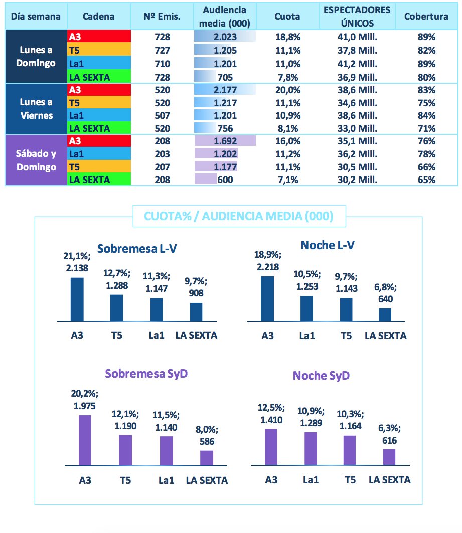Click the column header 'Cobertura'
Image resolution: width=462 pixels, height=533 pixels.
pos(426,16)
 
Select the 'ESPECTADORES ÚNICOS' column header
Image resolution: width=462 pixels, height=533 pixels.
pos(357,16)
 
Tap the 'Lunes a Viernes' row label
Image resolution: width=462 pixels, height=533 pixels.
pos(36,108)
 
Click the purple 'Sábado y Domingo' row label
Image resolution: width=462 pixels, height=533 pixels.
pos(36,160)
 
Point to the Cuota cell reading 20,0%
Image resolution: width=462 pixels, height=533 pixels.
pos(287,90)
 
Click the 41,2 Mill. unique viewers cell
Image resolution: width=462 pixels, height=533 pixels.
pos(357,64)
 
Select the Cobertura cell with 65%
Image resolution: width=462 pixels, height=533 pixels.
pos(426,180)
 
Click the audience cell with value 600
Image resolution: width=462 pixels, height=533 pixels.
pos(225,180)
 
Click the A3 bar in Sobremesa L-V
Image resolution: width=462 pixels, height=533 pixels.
pos(77,299)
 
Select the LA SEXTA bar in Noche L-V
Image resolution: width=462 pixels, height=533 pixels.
pos(385,314)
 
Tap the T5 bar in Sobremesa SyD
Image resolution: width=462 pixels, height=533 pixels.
pos(125,450)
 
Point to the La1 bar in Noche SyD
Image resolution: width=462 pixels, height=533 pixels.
pos(311,448)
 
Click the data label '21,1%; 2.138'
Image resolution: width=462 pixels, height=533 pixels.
pos(77,262)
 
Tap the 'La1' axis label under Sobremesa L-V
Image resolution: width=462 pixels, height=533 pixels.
pos(157,335)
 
